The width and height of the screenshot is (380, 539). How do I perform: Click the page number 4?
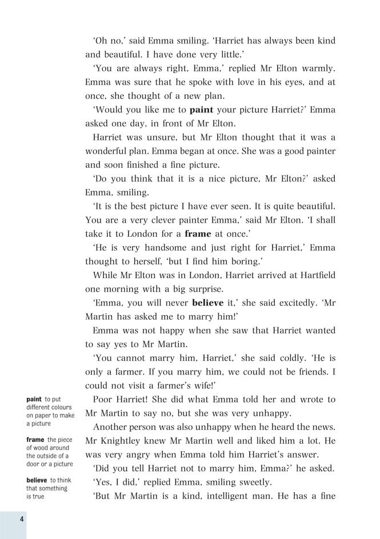(x=21, y=518)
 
